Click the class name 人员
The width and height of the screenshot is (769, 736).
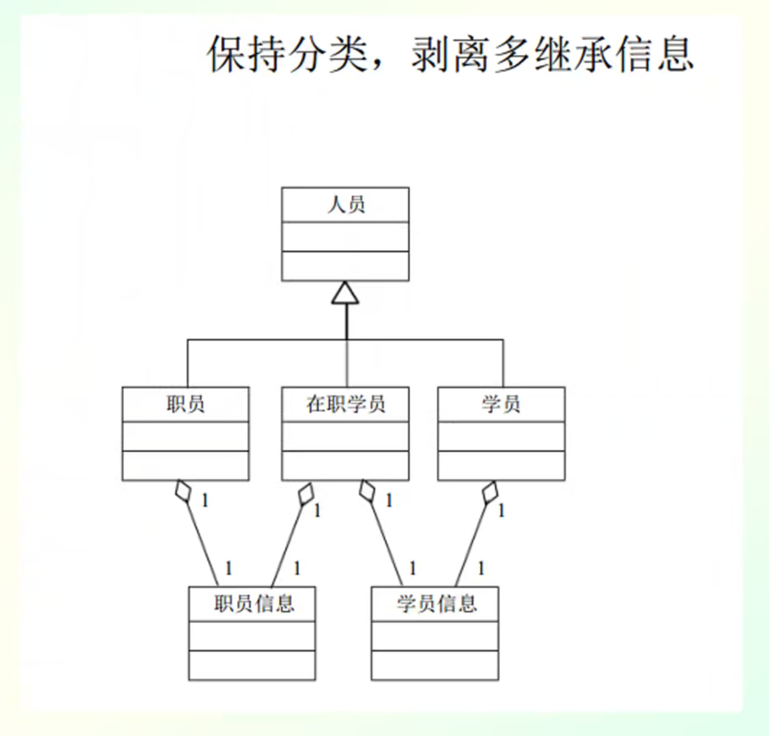(345, 206)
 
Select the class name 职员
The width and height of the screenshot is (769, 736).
(185, 405)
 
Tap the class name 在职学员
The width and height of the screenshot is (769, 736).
(346, 405)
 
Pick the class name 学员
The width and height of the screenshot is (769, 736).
(501, 405)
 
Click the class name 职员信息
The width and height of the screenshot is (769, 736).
(253, 604)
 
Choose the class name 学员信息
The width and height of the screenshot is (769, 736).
(436, 604)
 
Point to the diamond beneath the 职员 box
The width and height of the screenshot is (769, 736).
(183, 491)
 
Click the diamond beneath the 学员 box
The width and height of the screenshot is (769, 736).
(489, 493)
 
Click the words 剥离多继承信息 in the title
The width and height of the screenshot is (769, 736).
(551, 55)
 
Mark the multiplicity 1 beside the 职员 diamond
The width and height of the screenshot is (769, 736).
(204, 500)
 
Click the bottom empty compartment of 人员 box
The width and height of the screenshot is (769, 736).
(345, 266)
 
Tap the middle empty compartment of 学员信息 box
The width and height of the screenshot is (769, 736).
(436, 636)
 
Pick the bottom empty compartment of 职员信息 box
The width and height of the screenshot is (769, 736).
(253, 664)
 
